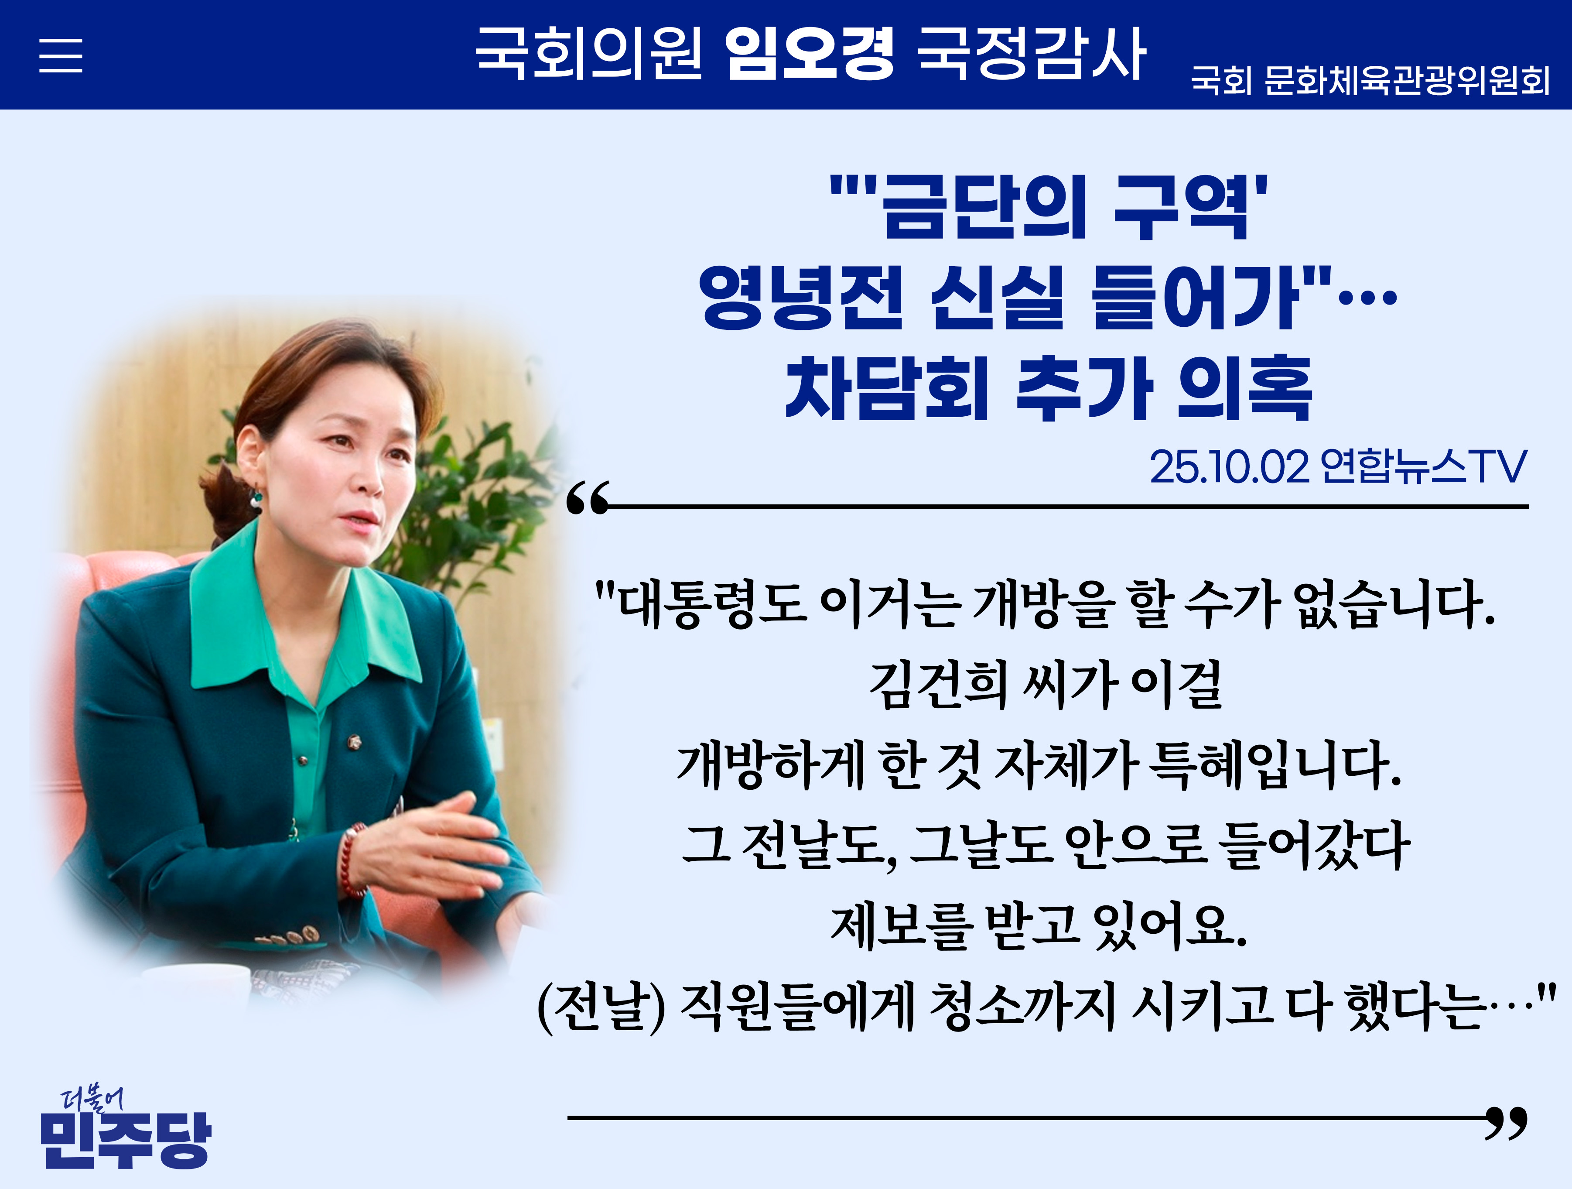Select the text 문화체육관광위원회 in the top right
pos(1407,80)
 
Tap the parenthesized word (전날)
pos(601,1007)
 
